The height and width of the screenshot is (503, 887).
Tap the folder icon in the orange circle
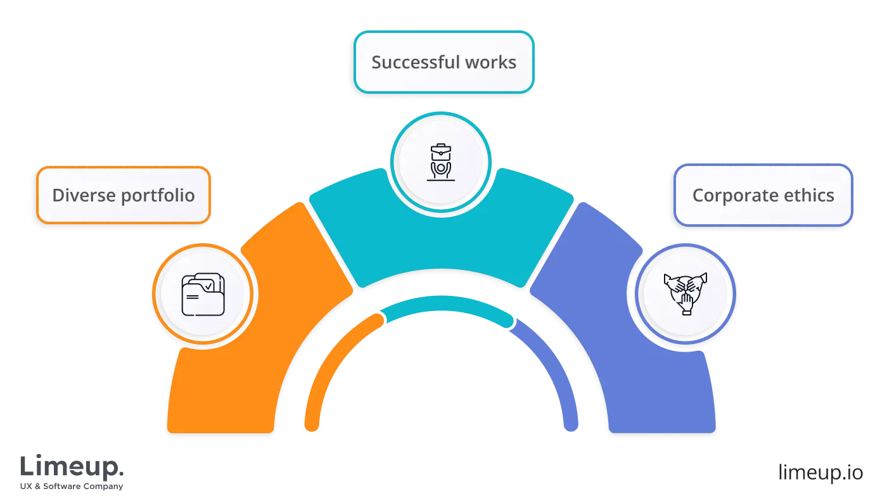pos(203,295)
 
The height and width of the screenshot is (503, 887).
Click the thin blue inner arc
pos(558,367)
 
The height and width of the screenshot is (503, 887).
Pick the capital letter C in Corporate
pos(698,195)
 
